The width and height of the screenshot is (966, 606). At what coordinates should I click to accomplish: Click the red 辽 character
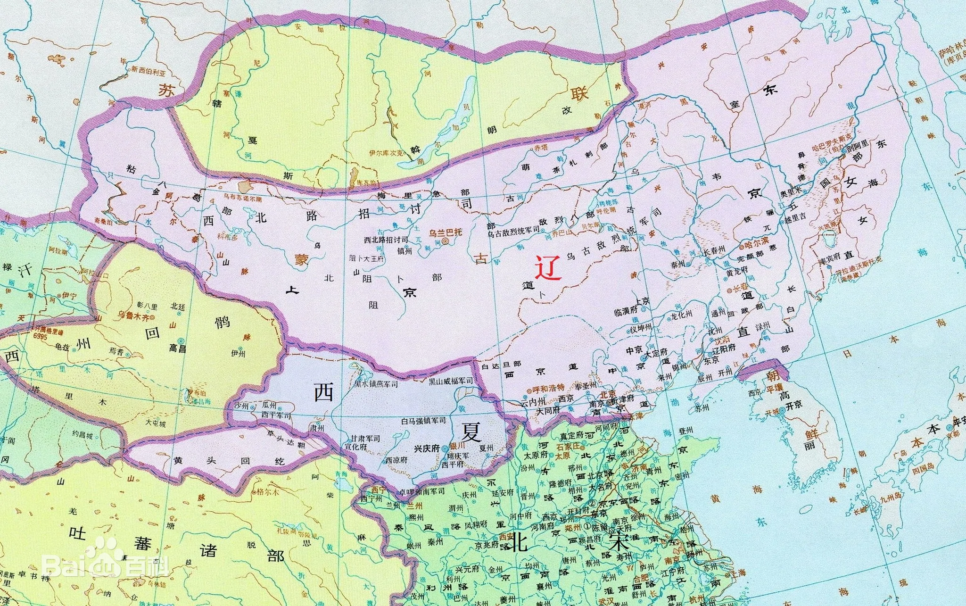[548, 268]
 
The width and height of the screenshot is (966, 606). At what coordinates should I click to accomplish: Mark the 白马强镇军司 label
[423, 420]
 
